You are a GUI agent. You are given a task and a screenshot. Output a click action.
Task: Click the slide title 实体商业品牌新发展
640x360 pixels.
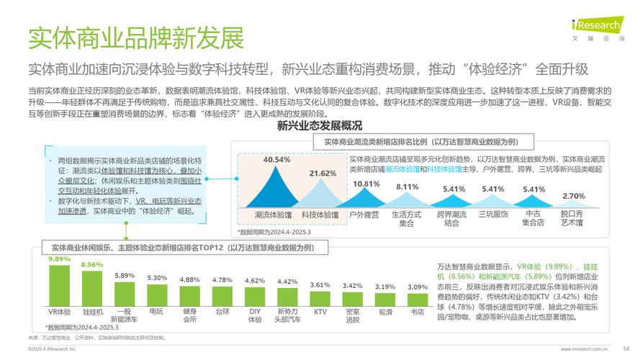(x=135, y=37)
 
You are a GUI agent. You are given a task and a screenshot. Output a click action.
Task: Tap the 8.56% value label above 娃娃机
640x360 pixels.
(x=92, y=265)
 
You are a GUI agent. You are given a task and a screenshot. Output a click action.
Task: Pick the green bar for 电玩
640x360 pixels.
(x=157, y=295)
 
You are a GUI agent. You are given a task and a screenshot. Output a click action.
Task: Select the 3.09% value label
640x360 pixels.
(x=418, y=287)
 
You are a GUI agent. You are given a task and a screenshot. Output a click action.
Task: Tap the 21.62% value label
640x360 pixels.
(x=323, y=174)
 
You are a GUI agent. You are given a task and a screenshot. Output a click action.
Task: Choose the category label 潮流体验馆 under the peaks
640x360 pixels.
(x=274, y=215)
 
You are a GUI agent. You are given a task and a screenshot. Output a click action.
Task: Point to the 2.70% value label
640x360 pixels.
(x=573, y=196)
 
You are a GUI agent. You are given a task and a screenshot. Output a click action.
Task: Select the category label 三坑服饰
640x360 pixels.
(x=493, y=215)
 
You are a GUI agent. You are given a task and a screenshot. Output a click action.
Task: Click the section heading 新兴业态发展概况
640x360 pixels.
(x=314, y=127)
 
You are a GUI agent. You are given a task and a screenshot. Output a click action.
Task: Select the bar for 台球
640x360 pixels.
(x=222, y=297)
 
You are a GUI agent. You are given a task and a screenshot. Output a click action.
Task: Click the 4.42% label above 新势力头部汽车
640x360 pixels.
(x=287, y=282)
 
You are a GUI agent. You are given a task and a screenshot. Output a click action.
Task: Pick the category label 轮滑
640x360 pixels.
(x=385, y=312)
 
